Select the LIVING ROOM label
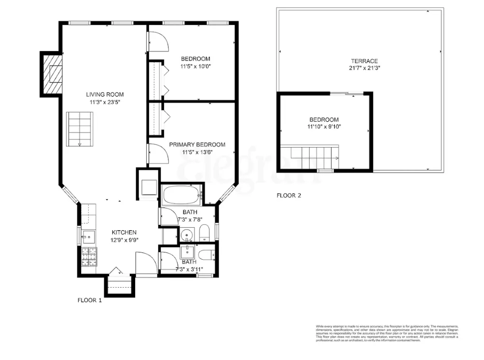pos(105,94)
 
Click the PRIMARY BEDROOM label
pos(197,144)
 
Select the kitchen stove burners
pos(89,257)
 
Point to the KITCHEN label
pos(124,232)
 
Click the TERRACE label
pos(364,61)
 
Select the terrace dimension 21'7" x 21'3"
pos(364,68)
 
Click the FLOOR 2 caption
pos(289,195)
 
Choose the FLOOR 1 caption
pos(90,300)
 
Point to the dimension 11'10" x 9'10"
pos(324,126)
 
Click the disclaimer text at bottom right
pos(386,333)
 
